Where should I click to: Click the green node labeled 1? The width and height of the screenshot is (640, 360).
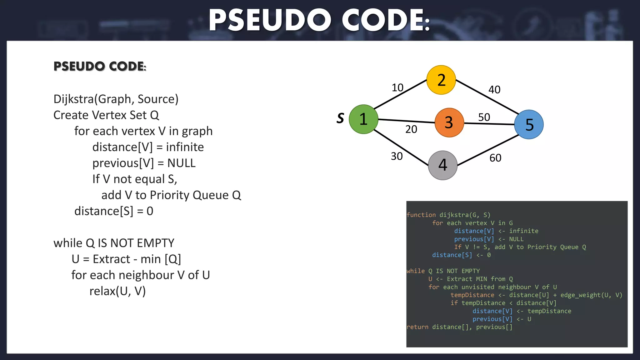(x=363, y=119)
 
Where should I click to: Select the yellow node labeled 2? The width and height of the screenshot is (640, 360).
(x=441, y=80)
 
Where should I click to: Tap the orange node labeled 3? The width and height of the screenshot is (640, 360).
(x=449, y=122)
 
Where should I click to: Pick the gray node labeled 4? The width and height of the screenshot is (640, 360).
(x=442, y=165)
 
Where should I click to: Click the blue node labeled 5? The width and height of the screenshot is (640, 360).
(x=529, y=124)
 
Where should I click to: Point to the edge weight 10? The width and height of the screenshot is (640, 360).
(x=397, y=87)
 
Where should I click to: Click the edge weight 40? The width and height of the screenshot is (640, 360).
(x=494, y=90)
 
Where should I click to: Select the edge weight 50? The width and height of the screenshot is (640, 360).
(x=484, y=117)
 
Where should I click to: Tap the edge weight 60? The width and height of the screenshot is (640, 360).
(x=495, y=158)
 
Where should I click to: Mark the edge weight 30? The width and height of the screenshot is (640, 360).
(x=397, y=156)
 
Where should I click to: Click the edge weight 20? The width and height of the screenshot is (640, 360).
(x=411, y=129)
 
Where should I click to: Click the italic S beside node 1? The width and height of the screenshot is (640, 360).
(x=340, y=118)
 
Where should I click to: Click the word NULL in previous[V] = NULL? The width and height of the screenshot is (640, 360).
(x=181, y=163)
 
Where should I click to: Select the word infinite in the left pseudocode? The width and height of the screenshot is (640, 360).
(x=185, y=147)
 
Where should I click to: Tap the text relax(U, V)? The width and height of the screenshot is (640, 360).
(x=117, y=291)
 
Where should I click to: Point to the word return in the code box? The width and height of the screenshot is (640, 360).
(x=417, y=327)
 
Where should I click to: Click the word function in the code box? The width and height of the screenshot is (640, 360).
(x=421, y=215)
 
